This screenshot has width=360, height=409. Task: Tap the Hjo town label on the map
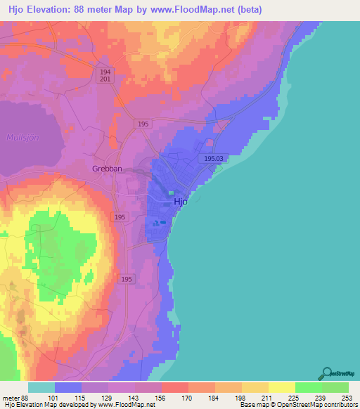point(181,201)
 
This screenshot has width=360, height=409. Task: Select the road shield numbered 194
point(105,72)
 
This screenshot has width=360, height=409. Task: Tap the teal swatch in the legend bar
point(41,387)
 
